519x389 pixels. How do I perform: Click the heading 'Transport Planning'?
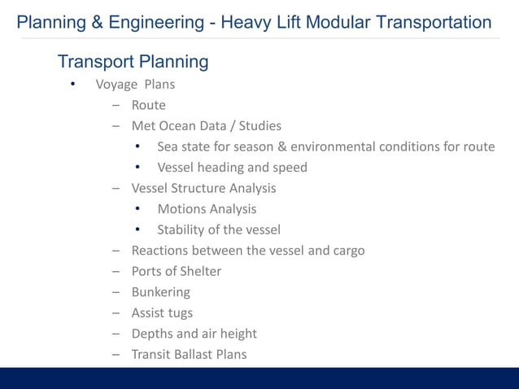click(x=133, y=61)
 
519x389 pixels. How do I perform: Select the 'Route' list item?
click(x=148, y=105)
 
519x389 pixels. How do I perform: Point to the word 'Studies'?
click(x=259, y=126)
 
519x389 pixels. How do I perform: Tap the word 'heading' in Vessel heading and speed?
click(x=222, y=168)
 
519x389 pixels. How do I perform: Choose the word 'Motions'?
click(x=182, y=209)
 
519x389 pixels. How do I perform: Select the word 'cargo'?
click(x=347, y=251)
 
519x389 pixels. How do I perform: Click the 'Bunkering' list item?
click(x=160, y=292)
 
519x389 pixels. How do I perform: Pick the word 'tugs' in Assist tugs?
click(x=180, y=313)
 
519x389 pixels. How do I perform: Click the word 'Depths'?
click(x=152, y=334)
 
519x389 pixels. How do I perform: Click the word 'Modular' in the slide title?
click(x=337, y=22)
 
